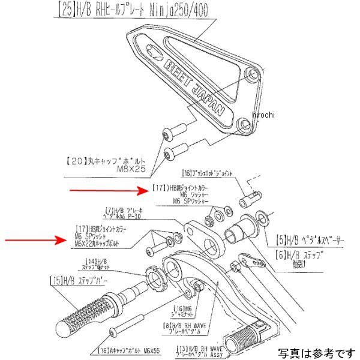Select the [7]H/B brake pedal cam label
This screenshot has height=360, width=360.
pos(123,212)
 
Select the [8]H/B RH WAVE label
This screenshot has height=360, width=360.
pos(182,327)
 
